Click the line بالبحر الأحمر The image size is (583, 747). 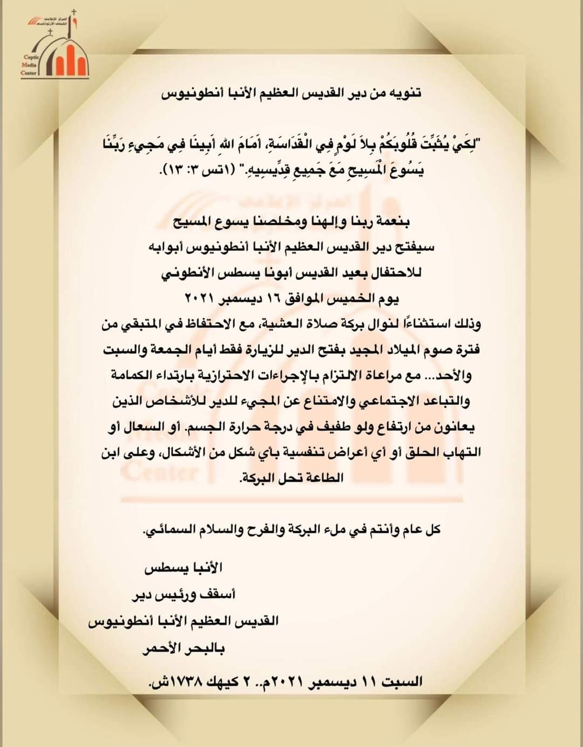point(184,649)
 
